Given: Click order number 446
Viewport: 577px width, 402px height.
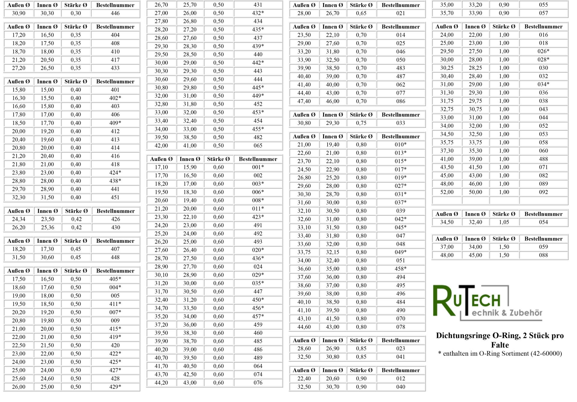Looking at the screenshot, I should pyautogui.click(x=115, y=13).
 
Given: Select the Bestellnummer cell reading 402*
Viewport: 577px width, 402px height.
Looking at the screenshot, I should pyautogui.click(x=115, y=98).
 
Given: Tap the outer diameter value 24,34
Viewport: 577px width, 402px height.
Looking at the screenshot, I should pyautogui.click(x=19, y=219).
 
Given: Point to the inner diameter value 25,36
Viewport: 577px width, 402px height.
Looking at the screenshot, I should pyautogui.click(x=47, y=227).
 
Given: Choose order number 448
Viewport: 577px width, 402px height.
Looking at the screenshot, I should pyautogui.click(x=115, y=257).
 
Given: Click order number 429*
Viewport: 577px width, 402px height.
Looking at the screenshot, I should pyautogui.click(x=115, y=387).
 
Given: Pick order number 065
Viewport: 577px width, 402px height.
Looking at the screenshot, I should pyautogui.click(x=258, y=146).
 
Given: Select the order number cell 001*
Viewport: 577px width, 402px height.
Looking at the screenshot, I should pyautogui.click(x=258, y=167).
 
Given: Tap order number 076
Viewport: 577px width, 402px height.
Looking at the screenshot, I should pyautogui.click(x=258, y=383).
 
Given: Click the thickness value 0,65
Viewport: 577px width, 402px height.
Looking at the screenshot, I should pyautogui.click(x=361, y=13).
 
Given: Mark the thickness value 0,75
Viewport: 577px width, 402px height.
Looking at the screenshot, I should pyautogui.click(x=361, y=123).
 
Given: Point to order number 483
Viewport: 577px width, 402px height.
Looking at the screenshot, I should pyautogui.click(x=401, y=68).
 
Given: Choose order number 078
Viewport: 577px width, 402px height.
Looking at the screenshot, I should pyautogui.click(x=401, y=327).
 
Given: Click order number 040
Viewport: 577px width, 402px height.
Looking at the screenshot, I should pyautogui.click(x=401, y=387).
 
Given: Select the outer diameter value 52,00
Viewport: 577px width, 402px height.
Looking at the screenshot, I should pyautogui.click(x=447, y=192).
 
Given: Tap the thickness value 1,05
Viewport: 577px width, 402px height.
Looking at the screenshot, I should pyautogui.click(x=504, y=222).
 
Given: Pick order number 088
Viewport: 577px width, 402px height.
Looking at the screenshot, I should pyautogui.click(x=543, y=255).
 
